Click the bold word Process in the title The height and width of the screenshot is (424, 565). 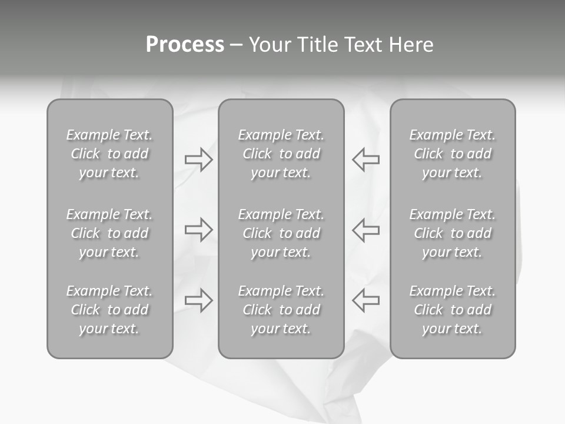point(185,45)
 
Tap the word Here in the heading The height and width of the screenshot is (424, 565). point(411,45)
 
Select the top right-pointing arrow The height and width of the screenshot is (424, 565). point(198,159)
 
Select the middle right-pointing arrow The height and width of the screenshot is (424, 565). point(198,230)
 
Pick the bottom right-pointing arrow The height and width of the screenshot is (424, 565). point(198,300)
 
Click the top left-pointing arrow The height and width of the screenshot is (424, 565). point(366,159)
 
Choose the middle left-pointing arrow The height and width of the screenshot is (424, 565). point(366,230)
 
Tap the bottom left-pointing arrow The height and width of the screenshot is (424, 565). point(366,300)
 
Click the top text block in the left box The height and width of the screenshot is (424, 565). point(109,154)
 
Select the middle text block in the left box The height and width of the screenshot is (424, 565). point(109,233)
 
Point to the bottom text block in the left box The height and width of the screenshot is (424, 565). point(109,310)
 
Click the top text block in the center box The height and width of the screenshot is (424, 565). point(281,154)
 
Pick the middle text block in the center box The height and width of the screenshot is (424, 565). point(281,233)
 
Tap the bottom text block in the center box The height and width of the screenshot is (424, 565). point(281,310)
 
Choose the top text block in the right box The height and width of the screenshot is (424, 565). point(452,154)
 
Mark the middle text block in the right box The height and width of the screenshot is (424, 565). point(452,233)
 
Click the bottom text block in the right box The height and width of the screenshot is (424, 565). point(452,310)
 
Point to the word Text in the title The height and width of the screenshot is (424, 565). point(362,45)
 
